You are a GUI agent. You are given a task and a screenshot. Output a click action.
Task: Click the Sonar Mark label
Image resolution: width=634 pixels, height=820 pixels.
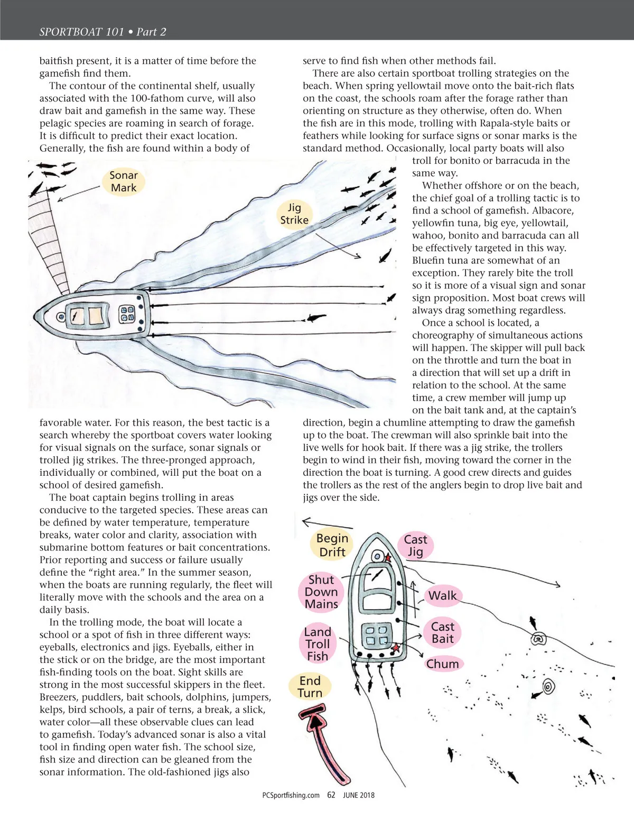pyautogui.click(x=123, y=181)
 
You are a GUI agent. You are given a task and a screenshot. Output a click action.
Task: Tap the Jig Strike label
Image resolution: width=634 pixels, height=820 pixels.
pyautogui.click(x=294, y=214)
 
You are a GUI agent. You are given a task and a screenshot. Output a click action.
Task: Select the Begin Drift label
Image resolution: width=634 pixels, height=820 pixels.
pyautogui.click(x=332, y=545)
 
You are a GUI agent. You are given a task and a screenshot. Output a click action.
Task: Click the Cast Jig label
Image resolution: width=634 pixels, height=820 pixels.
pyautogui.click(x=415, y=546)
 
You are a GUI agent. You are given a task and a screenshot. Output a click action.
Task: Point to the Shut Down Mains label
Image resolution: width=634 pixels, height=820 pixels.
pyautogui.click(x=321, y=592)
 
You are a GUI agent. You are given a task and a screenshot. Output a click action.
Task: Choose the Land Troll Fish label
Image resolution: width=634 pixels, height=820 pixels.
pyautogui.click(x=318, y=644)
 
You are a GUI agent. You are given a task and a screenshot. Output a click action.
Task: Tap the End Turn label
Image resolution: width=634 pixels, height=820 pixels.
pyautogui.click(x=310, y=687)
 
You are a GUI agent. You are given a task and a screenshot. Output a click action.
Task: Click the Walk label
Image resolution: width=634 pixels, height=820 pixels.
pyautogui.click(x=442, y=596)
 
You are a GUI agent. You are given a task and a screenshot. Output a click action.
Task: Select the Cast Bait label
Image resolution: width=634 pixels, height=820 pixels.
pyautogui.click(x=442, y=632)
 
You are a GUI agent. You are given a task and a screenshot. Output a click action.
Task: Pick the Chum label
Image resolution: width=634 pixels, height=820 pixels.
pyautogui.click(x=443, y=664)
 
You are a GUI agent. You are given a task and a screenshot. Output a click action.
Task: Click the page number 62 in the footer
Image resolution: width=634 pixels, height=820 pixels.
pyautogui.click(x=331, y=795)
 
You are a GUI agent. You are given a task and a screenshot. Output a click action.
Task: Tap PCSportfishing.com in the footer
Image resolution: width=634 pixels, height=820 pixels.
pyautogui.click(x=291, y=795)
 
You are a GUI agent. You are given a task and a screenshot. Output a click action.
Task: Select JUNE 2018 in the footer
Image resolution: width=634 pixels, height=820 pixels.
pyautogui.click(x=359, y=795)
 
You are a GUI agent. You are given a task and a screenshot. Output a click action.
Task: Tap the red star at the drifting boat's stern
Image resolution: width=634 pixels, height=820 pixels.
pyautogui.click(x=396, y=647)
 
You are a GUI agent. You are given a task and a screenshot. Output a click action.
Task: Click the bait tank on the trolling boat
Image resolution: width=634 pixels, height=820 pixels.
pyautogui.click(x=127, y=315)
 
